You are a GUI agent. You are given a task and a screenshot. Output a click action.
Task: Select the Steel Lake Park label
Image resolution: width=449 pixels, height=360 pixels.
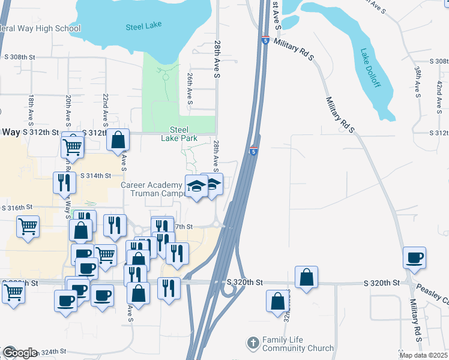179,133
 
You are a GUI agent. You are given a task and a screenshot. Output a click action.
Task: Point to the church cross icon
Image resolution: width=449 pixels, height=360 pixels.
253,343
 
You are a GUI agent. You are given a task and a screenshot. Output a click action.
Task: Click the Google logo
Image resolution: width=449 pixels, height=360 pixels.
19,353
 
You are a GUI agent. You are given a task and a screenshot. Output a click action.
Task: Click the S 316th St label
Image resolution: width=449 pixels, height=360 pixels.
17,208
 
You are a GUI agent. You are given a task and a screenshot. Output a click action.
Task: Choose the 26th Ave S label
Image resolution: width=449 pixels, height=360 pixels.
190,89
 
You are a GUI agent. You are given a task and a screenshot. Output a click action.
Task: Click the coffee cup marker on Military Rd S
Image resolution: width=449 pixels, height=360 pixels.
414,258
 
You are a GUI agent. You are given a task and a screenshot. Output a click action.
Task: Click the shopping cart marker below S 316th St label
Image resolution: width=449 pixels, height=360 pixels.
28,227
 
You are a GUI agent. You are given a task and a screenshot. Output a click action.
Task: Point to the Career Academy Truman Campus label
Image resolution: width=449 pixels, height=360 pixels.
151,189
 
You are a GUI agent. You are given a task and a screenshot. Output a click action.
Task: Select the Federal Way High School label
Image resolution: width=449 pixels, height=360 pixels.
40,28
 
